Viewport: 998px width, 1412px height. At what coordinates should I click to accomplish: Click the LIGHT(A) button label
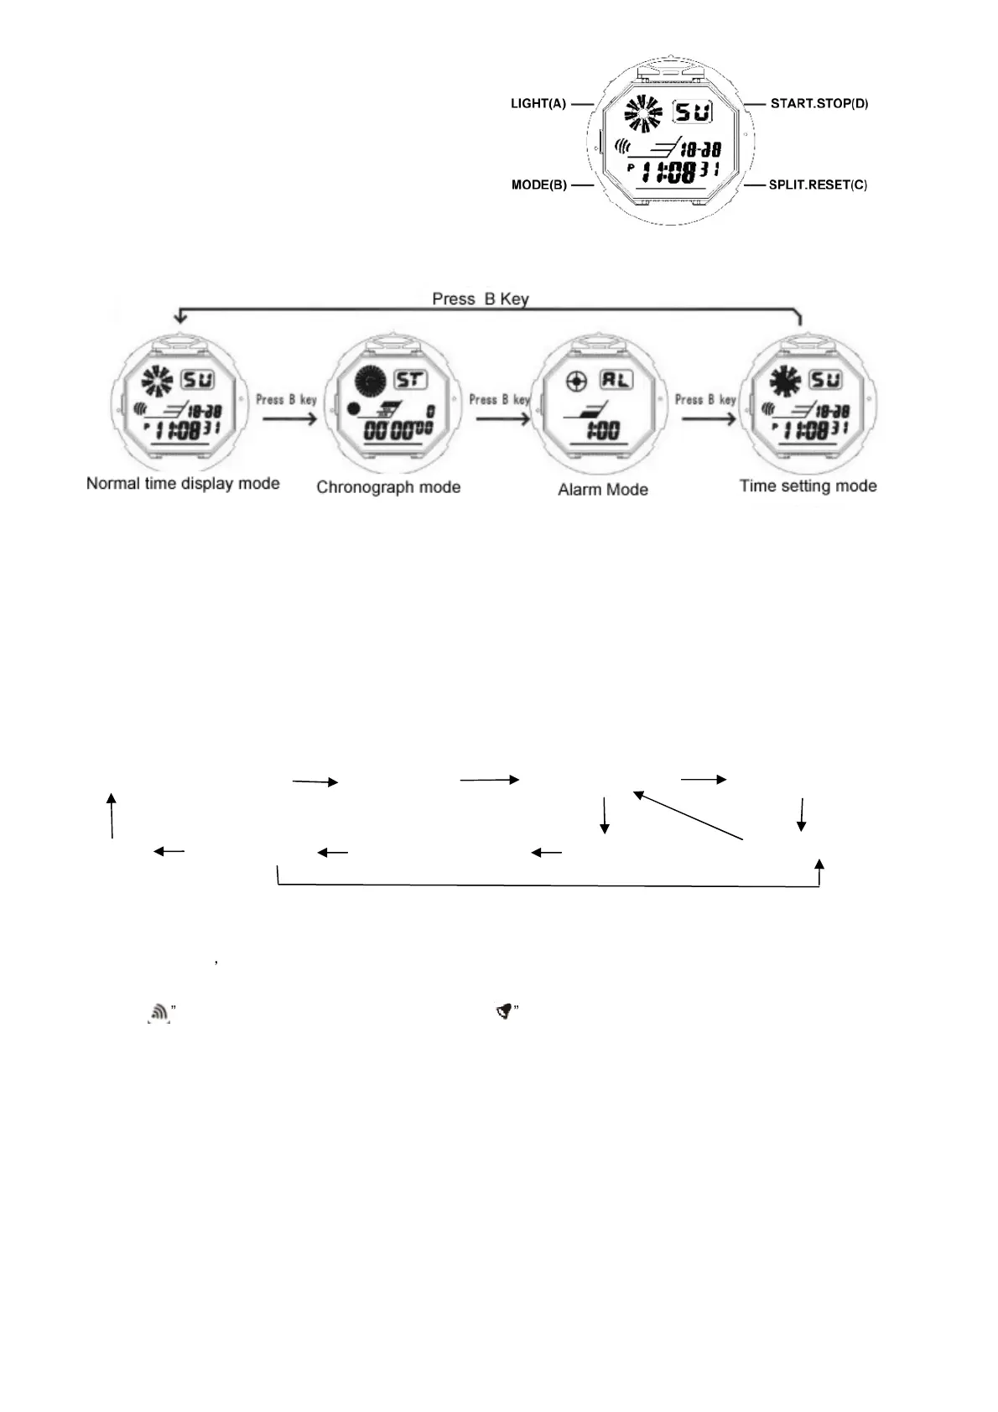pos(538,104)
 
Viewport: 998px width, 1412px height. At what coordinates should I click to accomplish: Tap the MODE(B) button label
pos(539,184)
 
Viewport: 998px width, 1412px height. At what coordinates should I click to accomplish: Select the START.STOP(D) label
pos(819,104)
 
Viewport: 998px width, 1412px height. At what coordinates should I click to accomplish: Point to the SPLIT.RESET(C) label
pos(818,184)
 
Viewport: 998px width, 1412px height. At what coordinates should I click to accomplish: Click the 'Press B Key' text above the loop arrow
pos(480,299)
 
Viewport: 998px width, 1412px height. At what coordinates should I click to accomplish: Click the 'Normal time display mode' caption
pos(183,484)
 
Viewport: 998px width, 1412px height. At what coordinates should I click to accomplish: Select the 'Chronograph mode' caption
pos(388,487)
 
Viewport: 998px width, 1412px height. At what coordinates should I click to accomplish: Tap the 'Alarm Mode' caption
pos(603,490)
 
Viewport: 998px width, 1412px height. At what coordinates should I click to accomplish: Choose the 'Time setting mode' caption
pos(808,485)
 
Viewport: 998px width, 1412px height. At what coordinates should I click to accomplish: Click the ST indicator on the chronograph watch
pos(409,380)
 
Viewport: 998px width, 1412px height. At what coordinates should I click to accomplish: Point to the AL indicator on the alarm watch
pos(616,380)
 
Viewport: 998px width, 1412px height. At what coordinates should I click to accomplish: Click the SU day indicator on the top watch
pos(693,112)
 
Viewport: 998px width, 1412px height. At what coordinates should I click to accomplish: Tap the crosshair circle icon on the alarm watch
pos(575,382)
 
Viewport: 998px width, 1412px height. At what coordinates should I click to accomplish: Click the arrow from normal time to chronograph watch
pos(289,417)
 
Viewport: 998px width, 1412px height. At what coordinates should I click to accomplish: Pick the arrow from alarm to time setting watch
pos(709,417)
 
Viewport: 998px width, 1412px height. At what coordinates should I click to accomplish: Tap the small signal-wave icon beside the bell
pos(159,1015)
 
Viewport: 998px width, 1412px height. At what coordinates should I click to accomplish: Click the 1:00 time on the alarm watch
pos(602,431)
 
